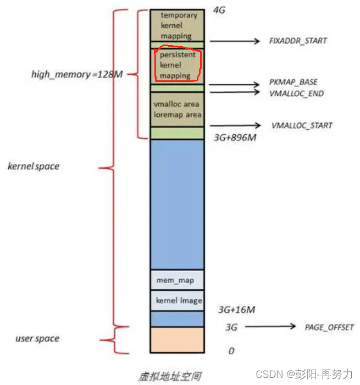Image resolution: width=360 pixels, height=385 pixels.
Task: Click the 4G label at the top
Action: pos(219,10)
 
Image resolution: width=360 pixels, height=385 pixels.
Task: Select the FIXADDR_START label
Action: pos(298,41)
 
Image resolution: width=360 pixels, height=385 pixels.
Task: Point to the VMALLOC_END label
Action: pos(296,94)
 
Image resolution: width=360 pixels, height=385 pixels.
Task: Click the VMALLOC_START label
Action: pos(302,125)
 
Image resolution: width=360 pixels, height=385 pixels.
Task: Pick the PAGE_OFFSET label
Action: pos(329,327)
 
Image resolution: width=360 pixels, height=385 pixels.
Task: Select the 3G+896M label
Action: pos(235,137)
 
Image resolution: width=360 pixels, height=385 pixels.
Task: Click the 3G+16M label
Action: pos(236,310)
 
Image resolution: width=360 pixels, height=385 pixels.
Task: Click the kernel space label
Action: pos(33,166)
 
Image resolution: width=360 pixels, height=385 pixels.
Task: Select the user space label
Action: pos(37,338)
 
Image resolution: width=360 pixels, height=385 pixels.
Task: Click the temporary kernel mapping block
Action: pos(176,25)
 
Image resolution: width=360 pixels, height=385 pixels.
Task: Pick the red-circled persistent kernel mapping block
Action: pos(176,65)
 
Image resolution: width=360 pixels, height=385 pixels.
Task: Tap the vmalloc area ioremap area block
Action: pos(176,109)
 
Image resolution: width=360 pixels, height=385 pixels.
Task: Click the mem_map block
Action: pos(176,280)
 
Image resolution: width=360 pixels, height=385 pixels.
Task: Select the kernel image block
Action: pos(176,301)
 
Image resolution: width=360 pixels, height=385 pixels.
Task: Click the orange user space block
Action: pos(176,340)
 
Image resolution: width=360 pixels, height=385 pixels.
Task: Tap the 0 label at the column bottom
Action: pos(231,350)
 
